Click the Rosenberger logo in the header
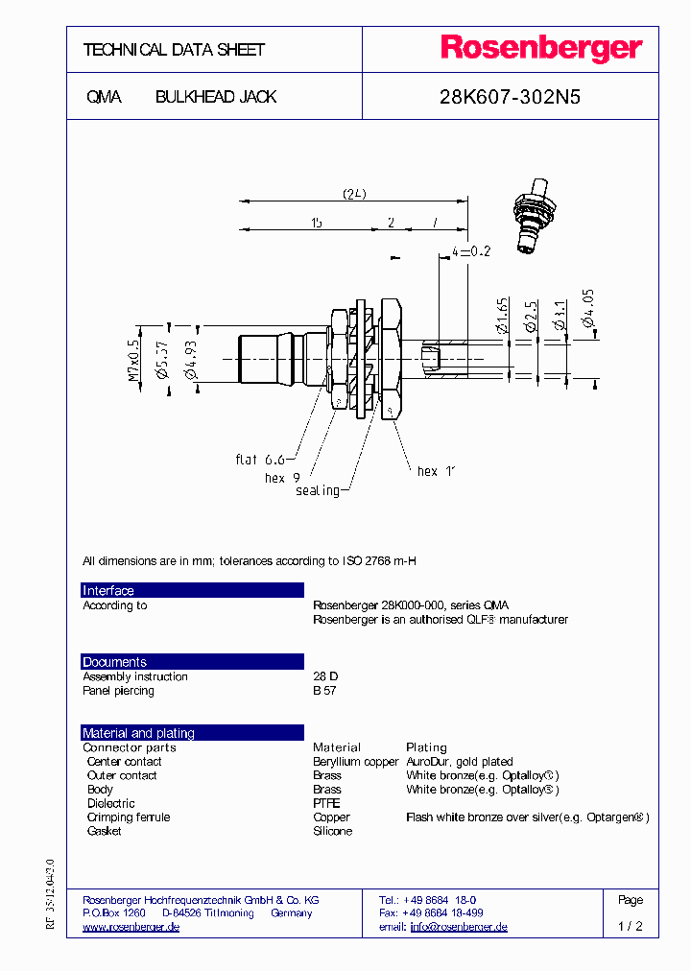click(541, 49)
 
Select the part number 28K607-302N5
click(510, 97)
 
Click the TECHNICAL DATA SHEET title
click(174, 50)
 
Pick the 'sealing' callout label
click(317, 490)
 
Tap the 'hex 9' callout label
click(282, 477)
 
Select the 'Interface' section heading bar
click(192, 590)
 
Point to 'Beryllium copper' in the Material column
click(355, 762)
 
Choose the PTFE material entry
click(326, 803)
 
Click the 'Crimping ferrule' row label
click(128, 817)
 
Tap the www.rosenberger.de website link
click(131, 927)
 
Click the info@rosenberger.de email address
click(459, 927)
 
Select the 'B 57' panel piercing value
click(324, 691)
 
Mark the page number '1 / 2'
click(631, 927)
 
